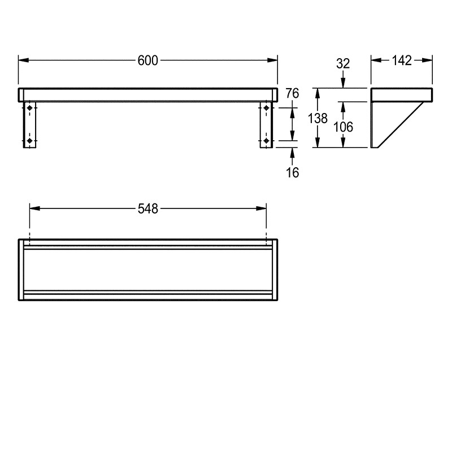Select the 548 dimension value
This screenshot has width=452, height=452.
coord(148,208)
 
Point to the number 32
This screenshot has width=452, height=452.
coord(343,64)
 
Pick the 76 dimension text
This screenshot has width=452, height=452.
coord(292,94)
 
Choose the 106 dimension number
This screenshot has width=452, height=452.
coord(343,127)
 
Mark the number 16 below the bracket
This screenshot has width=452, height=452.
coord(292,173)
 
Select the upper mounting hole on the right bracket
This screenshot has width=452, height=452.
coord(266,107)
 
